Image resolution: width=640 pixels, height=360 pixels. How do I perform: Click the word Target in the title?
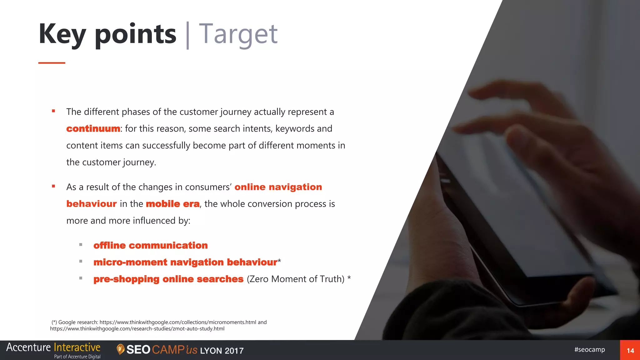tap(238, 34)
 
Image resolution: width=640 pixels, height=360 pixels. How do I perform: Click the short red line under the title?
tap(52, 63)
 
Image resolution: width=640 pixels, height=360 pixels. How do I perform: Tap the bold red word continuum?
tap(93, 129)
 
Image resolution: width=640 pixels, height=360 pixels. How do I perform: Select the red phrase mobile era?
tap(172, 204)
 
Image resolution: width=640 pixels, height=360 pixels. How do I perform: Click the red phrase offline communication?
tap(151, 246)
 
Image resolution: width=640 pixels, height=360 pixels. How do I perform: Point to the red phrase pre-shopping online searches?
tap(168, 279)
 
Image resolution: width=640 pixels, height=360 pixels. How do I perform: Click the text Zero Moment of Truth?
tap(296, 279)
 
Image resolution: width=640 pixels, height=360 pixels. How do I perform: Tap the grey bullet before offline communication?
tap(81, 245)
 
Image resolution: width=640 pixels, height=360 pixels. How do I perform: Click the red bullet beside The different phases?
tap(53, 111)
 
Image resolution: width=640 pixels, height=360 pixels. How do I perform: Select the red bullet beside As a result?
tap(53, 186)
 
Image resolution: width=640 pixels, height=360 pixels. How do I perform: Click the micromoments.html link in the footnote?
tap(178, 322)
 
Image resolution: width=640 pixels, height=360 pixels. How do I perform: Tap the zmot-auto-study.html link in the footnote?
tap(137, 329)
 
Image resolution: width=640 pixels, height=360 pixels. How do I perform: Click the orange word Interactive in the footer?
tap(77, 347)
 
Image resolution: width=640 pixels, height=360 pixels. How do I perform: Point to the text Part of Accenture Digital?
tap(77, 357)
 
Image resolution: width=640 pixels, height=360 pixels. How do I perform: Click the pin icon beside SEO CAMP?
tap(120, 349)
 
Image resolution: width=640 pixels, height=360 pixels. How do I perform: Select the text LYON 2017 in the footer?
tap(222, 351)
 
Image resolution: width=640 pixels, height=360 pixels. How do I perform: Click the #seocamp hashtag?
tap(589, 349)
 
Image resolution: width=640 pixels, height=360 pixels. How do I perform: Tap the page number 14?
tap(630, 351)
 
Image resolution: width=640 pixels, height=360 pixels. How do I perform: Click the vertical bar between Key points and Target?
tap(187, 35)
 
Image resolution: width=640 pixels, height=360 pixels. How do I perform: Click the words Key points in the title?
tap(107, 34)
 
